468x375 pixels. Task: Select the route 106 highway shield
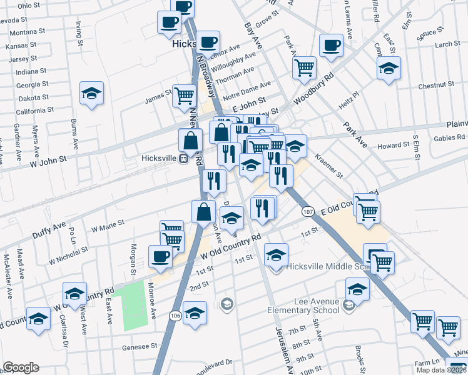[x=175, y=316]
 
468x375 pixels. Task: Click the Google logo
[x=21, y=367]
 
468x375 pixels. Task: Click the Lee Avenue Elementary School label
[x=303, y=306]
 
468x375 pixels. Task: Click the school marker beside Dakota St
[x=92, y=94]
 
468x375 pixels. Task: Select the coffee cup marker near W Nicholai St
[x=161, y=256]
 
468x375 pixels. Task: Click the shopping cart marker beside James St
[x=185, y=96]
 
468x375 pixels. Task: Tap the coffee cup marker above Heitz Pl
[x=331, y=45]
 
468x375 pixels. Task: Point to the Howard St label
[x=392, y=146]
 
